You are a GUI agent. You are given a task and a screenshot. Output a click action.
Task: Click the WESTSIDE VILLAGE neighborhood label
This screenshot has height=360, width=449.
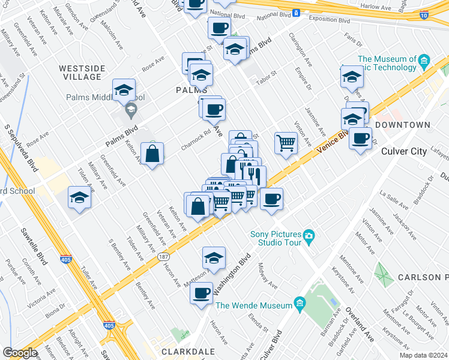[x=80, y=73]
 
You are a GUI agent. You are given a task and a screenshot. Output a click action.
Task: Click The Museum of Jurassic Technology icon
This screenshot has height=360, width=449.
[x=424, y=59]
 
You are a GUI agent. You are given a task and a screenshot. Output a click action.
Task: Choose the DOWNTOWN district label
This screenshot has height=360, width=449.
[x=402, y=125]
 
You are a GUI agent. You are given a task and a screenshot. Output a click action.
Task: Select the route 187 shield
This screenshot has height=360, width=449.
[x=163, y=256]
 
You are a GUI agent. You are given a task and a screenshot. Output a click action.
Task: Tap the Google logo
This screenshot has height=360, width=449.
[x=20, y=353]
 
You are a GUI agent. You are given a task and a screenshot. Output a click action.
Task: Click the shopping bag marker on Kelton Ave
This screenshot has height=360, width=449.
[x=153, y=154]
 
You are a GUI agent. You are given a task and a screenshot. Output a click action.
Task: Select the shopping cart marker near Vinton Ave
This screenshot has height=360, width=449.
[x=286, y=143]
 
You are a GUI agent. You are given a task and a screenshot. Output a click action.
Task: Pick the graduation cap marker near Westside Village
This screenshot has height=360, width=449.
[x=124, y=90]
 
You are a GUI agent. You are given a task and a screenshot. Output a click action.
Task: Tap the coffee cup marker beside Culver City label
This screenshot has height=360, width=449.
[x=360, y=138]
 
